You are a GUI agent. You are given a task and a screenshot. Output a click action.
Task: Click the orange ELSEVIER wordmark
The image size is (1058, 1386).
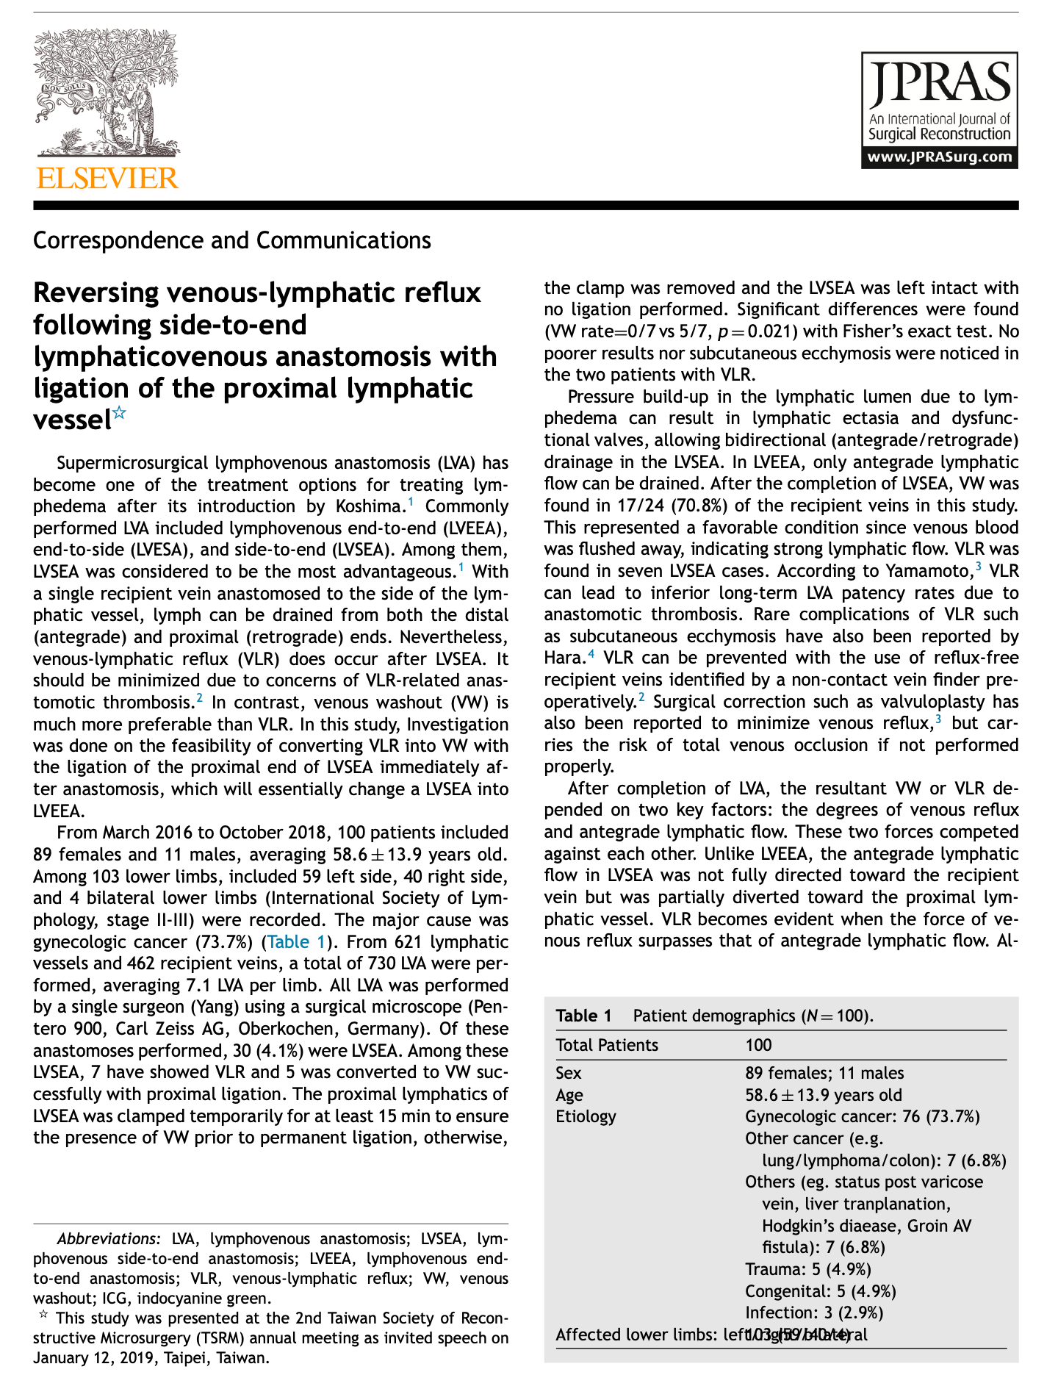107,179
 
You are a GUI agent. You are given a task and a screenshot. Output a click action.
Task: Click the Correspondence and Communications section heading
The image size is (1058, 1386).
232,240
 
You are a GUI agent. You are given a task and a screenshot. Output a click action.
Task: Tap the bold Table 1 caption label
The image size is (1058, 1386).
583,1016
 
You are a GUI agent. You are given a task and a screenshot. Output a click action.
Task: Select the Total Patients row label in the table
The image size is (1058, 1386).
607,1045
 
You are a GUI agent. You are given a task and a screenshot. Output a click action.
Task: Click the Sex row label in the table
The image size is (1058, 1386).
568,1073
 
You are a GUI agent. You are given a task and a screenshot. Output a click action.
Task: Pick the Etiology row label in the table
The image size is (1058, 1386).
586,1116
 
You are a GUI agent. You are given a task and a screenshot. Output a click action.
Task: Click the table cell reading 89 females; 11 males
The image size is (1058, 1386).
824,1073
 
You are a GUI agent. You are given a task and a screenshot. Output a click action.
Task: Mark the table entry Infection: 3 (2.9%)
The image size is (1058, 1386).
813,1313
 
